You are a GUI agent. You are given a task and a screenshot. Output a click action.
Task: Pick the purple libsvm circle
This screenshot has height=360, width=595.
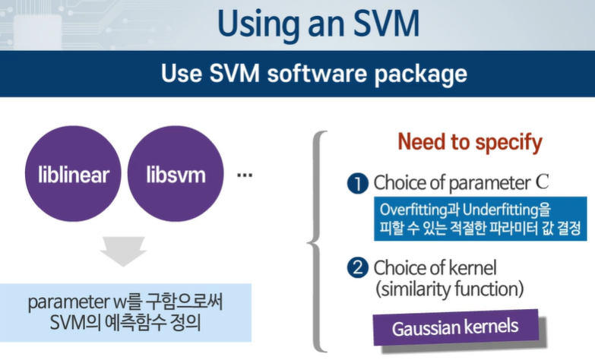tap(176, 175)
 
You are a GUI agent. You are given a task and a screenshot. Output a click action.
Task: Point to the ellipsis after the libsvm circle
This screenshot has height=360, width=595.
tap(245, 175)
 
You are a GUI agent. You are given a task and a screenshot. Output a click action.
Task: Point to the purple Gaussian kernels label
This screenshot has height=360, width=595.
tap(455, 328)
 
